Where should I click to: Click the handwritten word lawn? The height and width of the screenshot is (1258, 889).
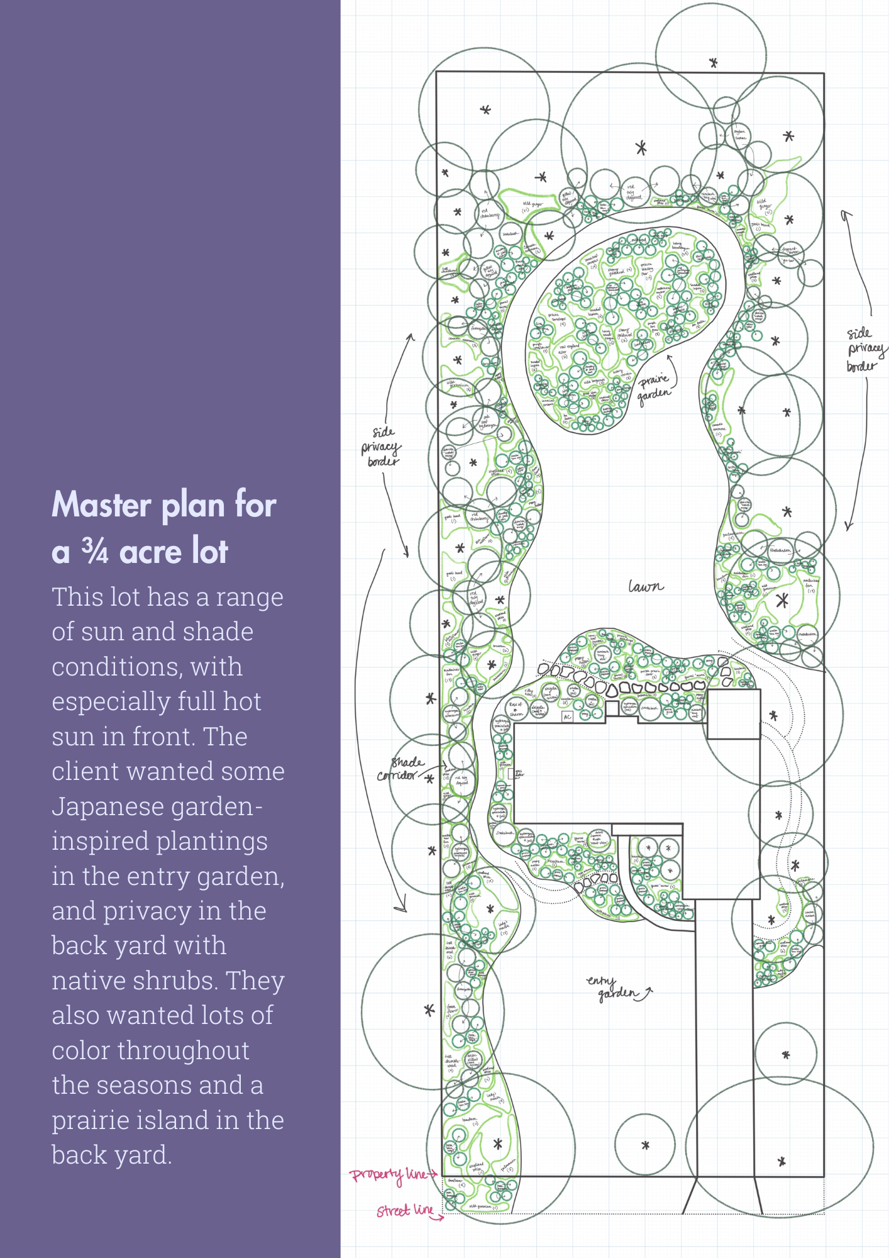[x=646, y=587]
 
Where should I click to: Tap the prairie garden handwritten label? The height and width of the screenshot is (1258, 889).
[x=654, y=387]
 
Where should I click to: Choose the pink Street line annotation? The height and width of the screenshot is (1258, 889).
[x=405, y=1210]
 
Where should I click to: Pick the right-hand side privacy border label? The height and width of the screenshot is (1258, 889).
[x=865, y=349]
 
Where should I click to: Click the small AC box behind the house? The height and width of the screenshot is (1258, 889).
[x=567, y=716]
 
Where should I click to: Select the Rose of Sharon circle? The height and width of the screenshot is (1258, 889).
[x=516, y=709]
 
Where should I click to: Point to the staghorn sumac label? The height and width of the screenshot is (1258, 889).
[x=740, y=135]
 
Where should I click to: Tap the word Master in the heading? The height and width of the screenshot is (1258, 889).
[x=101, y=504]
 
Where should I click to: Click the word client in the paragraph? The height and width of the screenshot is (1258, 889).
[x=84, y=771]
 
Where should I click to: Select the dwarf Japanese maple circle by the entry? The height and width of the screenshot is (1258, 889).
[x=598, y=837]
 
